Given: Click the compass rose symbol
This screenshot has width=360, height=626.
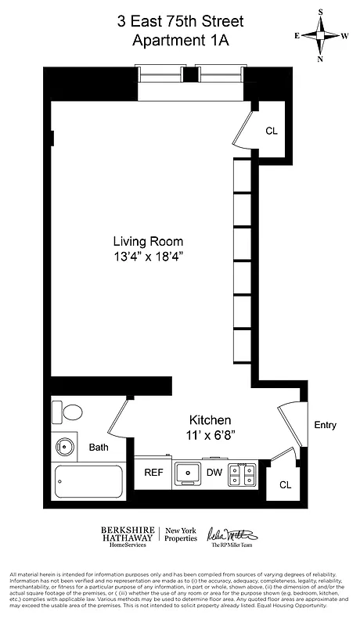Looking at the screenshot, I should [321, 35].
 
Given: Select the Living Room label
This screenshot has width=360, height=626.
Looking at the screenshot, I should [148, 241].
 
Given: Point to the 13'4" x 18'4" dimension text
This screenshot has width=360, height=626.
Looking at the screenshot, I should [148, 256].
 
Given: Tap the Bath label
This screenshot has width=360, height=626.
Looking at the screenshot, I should [99, 448].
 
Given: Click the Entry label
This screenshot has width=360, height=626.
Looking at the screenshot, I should [325, 426].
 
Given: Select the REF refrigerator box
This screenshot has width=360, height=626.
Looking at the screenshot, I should [153, 473].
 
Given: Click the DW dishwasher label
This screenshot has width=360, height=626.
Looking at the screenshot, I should [214, 473].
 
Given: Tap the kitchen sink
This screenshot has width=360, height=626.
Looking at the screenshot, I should [187, 473].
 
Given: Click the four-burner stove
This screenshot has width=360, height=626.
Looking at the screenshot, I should [242, 473].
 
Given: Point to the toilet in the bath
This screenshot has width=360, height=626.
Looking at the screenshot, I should [68, 412].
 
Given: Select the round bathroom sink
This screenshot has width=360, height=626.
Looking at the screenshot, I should [64, 448].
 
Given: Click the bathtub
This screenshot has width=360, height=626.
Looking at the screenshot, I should [88, 483].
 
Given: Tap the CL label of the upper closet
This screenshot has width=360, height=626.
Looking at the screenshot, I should [272, 131].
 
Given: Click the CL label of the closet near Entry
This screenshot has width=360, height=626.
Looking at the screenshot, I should [285, 484].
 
